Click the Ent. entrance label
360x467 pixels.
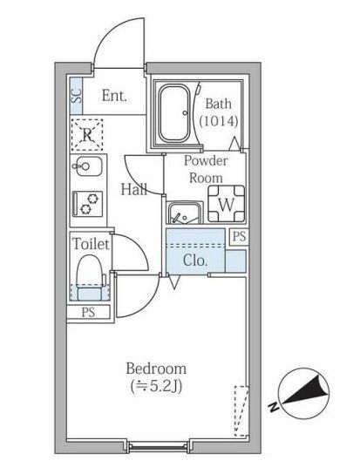click(114, 96)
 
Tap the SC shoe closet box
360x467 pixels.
click(76, 92)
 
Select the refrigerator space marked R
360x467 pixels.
click(87, 134)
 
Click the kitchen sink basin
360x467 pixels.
click(88, 166)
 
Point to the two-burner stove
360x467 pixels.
click(88, 203)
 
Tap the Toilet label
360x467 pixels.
click(91, 244)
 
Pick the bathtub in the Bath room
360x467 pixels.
click(177, 112)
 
